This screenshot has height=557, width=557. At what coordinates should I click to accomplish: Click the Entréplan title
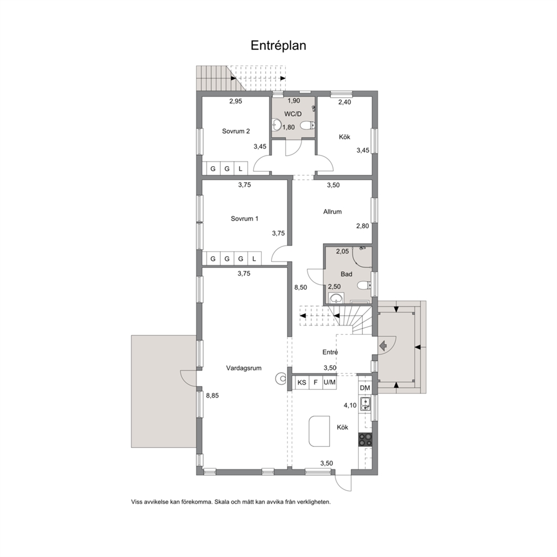[278, 46]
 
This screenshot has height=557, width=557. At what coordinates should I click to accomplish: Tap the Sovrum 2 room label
[236, 131]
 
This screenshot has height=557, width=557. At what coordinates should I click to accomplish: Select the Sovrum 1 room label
[244, 218]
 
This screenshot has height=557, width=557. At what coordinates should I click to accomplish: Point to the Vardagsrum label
[244, 368]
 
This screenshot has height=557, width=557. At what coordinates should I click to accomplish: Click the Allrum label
[332, 211]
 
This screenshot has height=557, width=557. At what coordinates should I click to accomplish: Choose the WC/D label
[293, 113]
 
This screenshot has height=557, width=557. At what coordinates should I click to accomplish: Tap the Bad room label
[346, 274]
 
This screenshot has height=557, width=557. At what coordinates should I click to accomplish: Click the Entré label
[330, 352]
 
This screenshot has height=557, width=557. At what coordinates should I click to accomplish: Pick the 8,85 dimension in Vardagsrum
[212, 395]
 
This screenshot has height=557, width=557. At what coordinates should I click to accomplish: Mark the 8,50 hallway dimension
[300, 287]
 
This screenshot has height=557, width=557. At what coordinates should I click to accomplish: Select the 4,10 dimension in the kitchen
[350, 405]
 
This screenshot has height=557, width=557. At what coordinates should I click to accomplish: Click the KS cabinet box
[302, 382]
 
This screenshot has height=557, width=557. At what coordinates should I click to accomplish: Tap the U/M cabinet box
[329, 382]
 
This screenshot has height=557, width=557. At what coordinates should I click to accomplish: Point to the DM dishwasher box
[365, 388]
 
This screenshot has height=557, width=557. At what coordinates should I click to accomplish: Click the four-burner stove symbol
[365, 440]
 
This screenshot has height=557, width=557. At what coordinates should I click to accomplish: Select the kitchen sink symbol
[365, 404]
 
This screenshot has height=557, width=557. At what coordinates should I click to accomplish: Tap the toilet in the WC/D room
[308, 125]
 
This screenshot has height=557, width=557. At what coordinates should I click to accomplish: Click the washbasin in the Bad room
[336, 298]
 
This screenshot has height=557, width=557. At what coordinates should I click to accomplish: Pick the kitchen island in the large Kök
[319, 431]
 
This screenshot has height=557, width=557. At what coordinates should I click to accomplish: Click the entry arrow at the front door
[383, 345]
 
